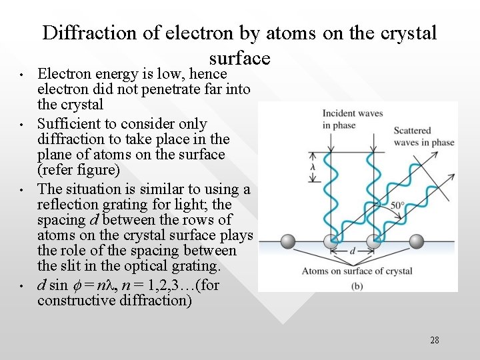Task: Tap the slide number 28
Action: click(434, 340)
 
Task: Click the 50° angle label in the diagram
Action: click(398, 206)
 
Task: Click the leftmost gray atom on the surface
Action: click(287, 242)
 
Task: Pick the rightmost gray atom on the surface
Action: click(416, 242)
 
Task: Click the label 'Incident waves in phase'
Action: click(352, 119)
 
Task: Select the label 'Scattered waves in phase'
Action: click(423, 137)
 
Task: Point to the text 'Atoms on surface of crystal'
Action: click(357, 271)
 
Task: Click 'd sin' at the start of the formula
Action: click(53, 285)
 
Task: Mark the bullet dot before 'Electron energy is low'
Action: click(22, 75)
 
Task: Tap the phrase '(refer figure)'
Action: click(79, 170)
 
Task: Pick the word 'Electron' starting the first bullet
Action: click(64, 74)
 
